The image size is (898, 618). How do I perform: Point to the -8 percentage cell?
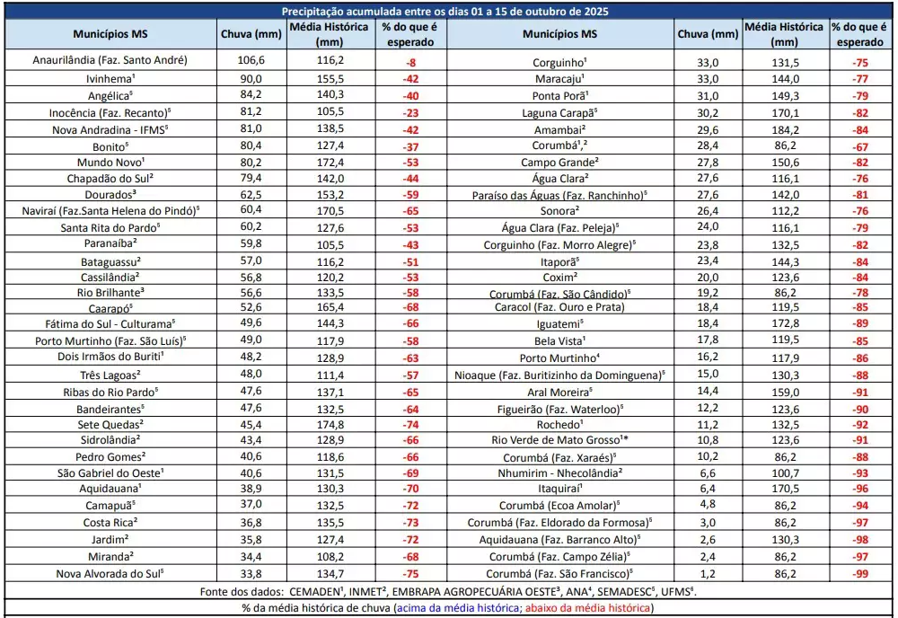pyautogui.click(x=411, y=61)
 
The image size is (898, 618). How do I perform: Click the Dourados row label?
pyautogui.click(x=109, y=194)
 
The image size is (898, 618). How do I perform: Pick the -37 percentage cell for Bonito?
pyautogui.click(x=411, y=146)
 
